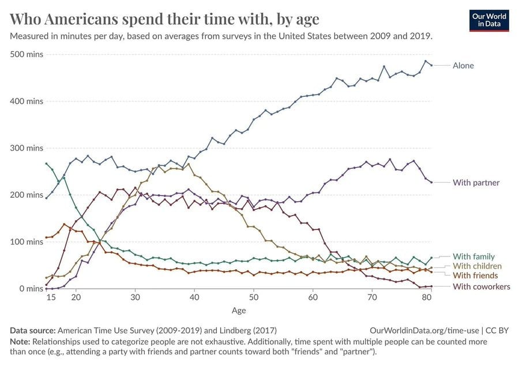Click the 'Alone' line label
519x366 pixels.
coord(463,66)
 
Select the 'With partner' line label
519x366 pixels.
coord(476,183)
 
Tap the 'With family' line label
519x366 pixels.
coord(473,256)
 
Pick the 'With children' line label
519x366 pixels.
coord(477,266)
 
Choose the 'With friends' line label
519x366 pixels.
coord(475,276)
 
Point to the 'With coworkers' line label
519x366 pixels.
coord(482,286)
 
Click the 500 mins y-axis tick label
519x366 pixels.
coord(27,54)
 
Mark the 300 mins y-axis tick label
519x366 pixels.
coord(27,148)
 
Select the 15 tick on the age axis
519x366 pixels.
coord(51,297)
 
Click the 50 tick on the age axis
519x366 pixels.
coord(253,297)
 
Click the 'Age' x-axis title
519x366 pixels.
coord(239,311)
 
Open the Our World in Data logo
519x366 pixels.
coord(489,21)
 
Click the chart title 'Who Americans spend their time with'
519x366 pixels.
coord(165,20)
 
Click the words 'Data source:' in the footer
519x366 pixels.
coord(32,331)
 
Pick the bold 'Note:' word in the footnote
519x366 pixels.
coord(21,341)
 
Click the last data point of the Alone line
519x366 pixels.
coord(431,65)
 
